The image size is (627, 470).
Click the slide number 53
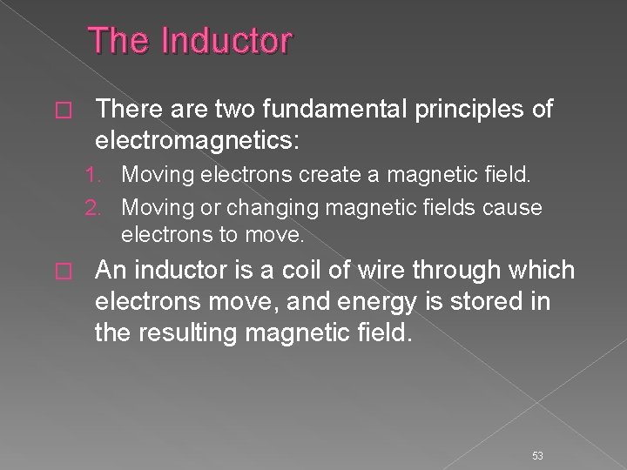pos(537,432)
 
